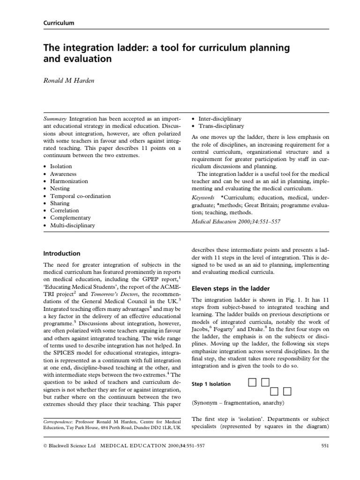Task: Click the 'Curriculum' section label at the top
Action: [59, 23]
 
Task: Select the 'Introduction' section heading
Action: [61, 254]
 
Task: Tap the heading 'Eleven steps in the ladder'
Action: [229, 288]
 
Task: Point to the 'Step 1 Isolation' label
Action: [211, 384]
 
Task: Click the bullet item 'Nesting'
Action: [60, 188]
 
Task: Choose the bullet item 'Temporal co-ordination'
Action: [80, 196]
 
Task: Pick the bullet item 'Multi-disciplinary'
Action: [72, 225]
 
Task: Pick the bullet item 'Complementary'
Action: [70, 218]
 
